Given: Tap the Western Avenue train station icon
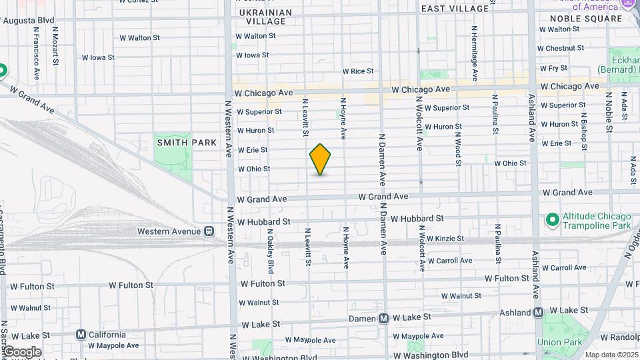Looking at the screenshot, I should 209,231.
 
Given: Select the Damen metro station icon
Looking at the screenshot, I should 383,319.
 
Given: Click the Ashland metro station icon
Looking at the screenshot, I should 539,311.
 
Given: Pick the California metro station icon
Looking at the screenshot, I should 81,335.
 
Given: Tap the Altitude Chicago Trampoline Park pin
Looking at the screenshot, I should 551,219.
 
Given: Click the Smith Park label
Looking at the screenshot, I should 187,143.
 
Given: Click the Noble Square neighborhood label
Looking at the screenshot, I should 585,19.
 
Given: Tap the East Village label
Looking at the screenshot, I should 455,9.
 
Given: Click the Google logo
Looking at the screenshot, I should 22,352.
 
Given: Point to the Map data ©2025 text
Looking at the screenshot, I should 611,355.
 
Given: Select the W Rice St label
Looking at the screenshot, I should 358,71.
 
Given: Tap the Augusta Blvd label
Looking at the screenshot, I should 29,21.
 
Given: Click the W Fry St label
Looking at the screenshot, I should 553,68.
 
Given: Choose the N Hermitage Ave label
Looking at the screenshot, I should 475,53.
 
